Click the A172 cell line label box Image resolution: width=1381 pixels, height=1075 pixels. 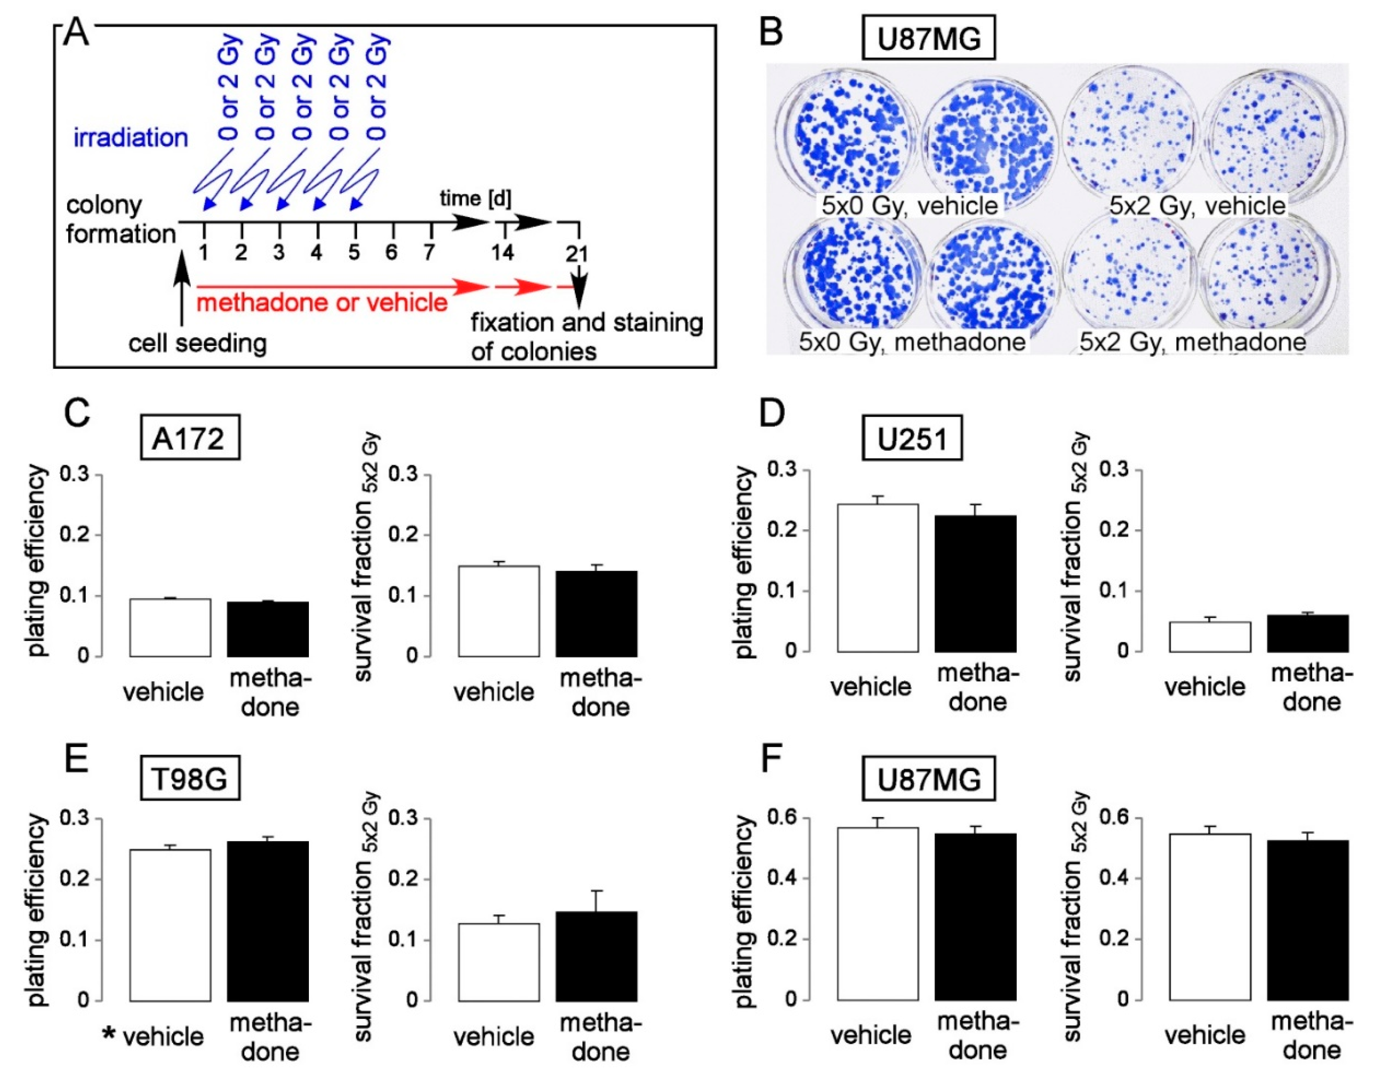(x=190, y=437)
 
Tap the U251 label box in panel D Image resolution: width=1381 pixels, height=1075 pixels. (x=912, y=437)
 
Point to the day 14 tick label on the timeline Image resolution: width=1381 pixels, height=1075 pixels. (x=503, y=253)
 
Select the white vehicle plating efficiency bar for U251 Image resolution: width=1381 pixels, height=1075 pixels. (x=878, y=578)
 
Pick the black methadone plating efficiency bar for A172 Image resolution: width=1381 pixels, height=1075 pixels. (x=268, y=629)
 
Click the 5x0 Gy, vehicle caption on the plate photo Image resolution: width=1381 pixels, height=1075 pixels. (x=909, y=205)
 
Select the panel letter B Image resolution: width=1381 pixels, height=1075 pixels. (x=771, y=32)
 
